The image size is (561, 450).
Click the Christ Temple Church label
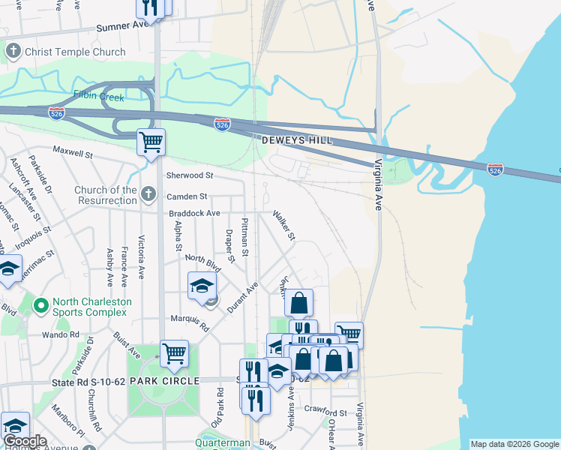(x=75, y=52)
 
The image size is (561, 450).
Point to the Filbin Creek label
(x=98, y=95)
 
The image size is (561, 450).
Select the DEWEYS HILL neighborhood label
(x=296, y=140)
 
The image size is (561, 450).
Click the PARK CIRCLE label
(x=164, y=381)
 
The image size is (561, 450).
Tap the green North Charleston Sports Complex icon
(x=42, y=307)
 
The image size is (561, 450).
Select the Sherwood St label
(x=189, y=175)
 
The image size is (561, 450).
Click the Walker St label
(x=284, y=225)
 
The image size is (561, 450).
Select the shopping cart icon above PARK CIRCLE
(x=174, y=352)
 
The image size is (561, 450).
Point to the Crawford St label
(x=326, y=412)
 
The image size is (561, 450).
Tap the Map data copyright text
(x=514, y=444)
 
